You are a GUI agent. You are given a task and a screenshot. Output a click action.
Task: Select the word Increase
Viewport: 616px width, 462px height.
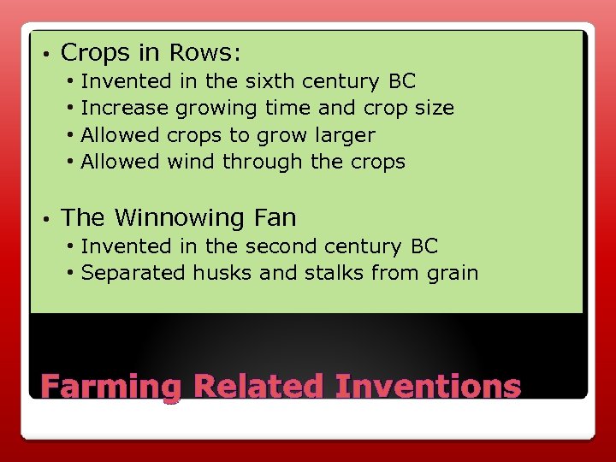click(x=125, y=109)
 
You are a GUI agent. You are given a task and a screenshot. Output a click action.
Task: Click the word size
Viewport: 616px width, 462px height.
click(x=432, y=109)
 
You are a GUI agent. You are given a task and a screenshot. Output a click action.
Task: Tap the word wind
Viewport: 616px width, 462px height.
click(x=192, y=162)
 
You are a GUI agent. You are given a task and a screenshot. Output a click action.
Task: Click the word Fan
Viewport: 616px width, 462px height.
click(x=273, y=217)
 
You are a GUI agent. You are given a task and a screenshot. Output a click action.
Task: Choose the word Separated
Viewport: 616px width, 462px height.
click(x=133, y=274)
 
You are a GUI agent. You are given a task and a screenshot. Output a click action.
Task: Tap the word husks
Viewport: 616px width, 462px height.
click(x=220, y=273)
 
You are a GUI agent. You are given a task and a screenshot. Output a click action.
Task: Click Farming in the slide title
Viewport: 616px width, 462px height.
click(x=111, y=387)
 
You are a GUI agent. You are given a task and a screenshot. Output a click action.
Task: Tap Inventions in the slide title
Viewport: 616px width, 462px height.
click(x=428, y=386)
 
